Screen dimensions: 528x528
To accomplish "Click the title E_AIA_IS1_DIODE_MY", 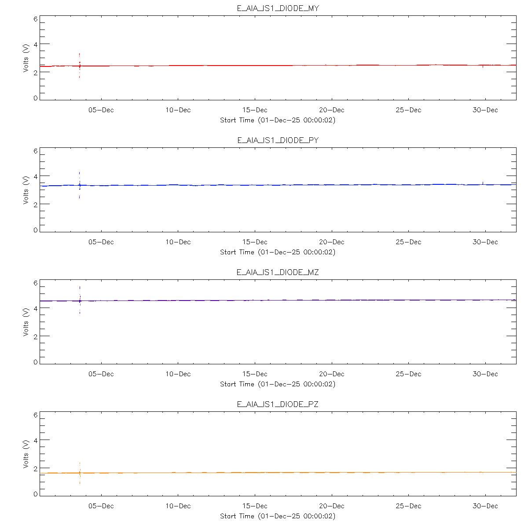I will [x=278, y=8].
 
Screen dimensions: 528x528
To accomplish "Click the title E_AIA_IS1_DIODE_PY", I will [x=278, y=140].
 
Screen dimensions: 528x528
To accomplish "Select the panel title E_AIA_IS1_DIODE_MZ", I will [x=278, y=272].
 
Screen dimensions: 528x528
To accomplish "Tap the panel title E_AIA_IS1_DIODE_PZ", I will [x=278, y=404].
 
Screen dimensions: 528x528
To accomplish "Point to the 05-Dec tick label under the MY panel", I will [x=101, y=110].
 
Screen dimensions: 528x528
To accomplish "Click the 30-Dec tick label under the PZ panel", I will [x=485, y=506].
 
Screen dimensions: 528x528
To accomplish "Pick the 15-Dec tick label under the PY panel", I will [x=255, y=242].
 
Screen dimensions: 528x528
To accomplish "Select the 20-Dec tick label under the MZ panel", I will [x=332, y=374].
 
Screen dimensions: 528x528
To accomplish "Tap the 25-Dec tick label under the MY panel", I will [x=408, y=110].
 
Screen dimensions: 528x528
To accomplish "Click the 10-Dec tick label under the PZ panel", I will [x=178, y=506].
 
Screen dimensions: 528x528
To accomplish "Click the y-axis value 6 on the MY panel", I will [x=36, y=19].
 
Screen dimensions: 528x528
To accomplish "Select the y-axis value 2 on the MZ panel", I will [x=36, y=336].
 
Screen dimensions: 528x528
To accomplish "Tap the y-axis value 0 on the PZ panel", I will [x=36, y=494].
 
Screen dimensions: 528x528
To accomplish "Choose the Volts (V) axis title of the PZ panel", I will [x=26, y=454].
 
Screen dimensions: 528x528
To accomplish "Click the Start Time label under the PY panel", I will [x=278, y=252].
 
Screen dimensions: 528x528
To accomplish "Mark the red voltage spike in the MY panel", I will [x=79, y=57].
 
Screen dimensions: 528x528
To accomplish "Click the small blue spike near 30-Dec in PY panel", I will [x=483, y=182].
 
